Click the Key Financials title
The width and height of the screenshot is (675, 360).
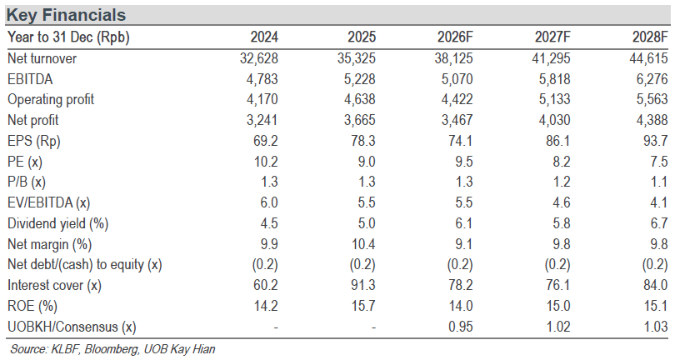(x=66, y=15)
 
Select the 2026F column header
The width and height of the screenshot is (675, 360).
(x=455, y=37)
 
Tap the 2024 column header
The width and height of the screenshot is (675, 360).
(x=264, y=37)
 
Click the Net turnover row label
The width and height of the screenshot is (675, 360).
(x=42, y=58)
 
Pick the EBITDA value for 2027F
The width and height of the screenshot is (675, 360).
(x=554, y=79)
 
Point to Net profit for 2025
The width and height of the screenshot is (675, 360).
(x=359, y=120)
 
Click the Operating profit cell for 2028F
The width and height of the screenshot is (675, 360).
(x=652, y=99)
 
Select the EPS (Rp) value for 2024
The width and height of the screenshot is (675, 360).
(x=266, y=140)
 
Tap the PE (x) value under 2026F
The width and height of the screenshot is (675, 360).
(x=463, y=162)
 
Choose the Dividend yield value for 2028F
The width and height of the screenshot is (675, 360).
(x=659, y=223)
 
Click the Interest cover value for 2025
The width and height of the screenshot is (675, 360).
(x=362, y=285)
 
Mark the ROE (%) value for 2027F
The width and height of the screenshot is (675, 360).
(x=557, y=306)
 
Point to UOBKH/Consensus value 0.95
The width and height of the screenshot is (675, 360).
(x=460, y=327)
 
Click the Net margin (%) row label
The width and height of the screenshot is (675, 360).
(x=49, y=244)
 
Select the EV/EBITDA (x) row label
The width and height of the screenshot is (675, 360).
(x=48, y=202)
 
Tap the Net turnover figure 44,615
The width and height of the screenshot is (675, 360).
(x=648, y=58)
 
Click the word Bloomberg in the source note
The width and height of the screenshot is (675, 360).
(x=112, y=349)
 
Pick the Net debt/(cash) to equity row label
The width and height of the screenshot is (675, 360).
(x=85, y=264)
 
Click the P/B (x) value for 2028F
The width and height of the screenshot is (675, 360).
(x=659, y=182)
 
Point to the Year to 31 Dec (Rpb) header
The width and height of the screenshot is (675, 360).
(x=68, y=37)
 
